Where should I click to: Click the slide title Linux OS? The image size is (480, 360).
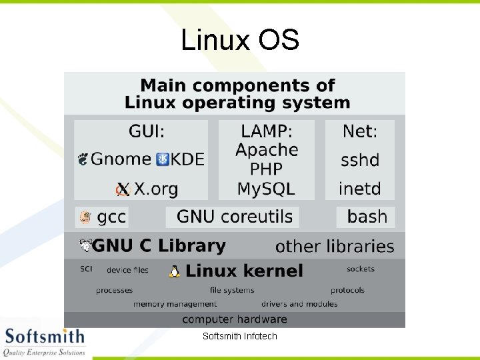pos(240,40)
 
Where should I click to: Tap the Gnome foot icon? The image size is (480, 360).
pos(83,159)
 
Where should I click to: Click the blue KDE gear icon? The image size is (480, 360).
pos(163,159)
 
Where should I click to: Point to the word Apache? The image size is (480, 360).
pos(267,149)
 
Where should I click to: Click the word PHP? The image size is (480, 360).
pos(266,169)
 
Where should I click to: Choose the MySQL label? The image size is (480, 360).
pos(266,189)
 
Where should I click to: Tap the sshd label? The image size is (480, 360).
pos(360,160)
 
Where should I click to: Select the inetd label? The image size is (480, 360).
pos(360,189)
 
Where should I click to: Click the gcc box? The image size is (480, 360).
pos(102,217)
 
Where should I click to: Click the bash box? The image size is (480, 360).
pos(366,217)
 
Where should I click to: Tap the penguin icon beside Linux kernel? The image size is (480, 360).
pos(175,271)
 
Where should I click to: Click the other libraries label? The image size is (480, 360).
pos(335,246)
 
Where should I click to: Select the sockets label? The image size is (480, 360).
pos(361,269)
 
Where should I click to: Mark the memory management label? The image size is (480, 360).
pos(175,304)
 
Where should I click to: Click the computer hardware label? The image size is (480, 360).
pos(235,319)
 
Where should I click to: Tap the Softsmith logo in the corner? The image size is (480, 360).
pos(44,341)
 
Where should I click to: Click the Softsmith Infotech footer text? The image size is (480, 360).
pos(240,336)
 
